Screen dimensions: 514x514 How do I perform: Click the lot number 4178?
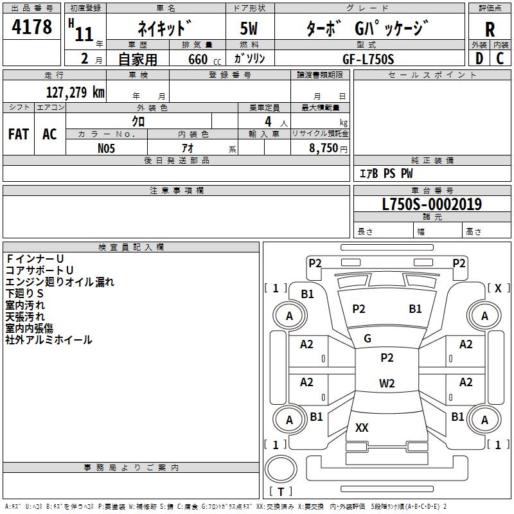[32, 28]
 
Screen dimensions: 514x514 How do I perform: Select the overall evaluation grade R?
[490, 30]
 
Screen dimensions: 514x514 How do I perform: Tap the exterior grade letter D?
[479, 58]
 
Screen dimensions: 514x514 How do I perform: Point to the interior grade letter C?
[500, 58]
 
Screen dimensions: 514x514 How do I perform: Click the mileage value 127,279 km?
[75, 92]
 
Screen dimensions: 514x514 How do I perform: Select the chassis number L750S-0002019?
[432, 205]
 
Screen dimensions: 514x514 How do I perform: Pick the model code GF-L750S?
[368, 58]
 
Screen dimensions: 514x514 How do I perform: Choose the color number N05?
[107, 148]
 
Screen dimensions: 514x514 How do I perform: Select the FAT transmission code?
[19, 134]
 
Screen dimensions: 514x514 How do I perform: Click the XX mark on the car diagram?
[362, 428]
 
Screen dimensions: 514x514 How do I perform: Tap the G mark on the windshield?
[368, 339]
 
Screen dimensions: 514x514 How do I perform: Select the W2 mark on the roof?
[387, 384]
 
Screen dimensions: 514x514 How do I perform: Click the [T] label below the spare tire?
[281, 492]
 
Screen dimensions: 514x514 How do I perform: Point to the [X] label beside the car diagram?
[498, 288]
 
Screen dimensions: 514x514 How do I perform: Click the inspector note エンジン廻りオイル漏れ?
[60, 281]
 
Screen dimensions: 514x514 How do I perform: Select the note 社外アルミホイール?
[49, 340]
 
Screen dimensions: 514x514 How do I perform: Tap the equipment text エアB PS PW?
[385, 173]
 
